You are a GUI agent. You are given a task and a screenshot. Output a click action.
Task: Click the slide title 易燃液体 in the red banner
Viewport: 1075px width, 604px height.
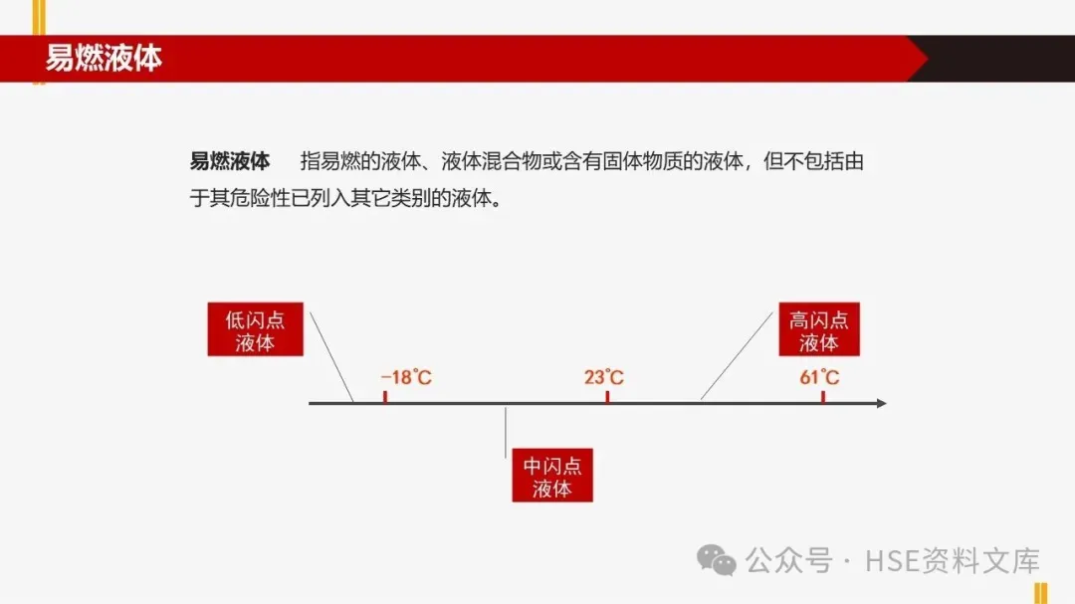point(104,59)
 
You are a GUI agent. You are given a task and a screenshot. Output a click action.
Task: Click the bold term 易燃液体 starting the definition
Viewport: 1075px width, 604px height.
point(230,162)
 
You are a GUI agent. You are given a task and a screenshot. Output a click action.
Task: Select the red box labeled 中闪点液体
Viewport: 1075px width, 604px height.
point(552,477)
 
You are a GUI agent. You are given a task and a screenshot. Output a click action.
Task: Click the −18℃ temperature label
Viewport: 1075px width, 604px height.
point(406,378)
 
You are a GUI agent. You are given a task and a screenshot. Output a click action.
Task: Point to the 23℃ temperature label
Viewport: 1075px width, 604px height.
point(604,378)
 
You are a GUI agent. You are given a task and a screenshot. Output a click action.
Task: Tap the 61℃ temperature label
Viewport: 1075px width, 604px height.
point(819,378)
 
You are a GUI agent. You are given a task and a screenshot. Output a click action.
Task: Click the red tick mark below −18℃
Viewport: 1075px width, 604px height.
point(385,397)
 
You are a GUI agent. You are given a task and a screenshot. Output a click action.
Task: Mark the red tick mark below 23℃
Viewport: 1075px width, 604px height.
point(606,397)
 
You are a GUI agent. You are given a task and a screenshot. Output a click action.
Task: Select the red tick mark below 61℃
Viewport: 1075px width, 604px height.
point(823,397)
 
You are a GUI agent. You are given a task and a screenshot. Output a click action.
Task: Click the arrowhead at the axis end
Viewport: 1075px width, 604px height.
point(880,403)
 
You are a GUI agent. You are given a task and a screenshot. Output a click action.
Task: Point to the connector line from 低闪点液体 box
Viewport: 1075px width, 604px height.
point(331,356)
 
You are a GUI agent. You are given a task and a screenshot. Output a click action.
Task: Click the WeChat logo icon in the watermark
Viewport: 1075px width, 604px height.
point(717,560)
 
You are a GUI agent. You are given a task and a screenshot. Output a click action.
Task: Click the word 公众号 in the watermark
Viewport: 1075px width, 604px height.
point(789,561)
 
